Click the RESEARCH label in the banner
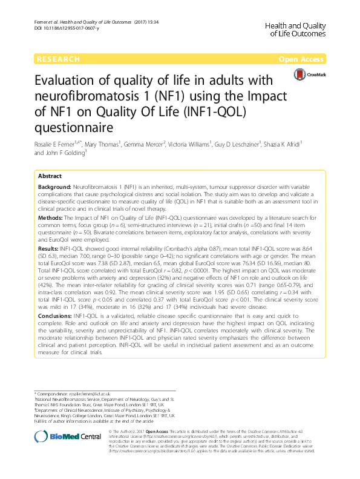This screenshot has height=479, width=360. [x=58, y=59]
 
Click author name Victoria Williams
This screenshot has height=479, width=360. [x=189, y=145]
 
